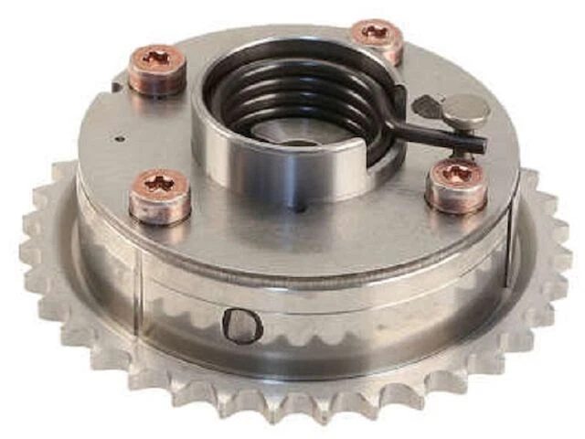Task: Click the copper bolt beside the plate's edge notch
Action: click(156, 69)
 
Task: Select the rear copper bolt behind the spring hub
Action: click(378, 39)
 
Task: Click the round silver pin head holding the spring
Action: click(465, 111)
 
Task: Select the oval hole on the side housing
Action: click(242, 325)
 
